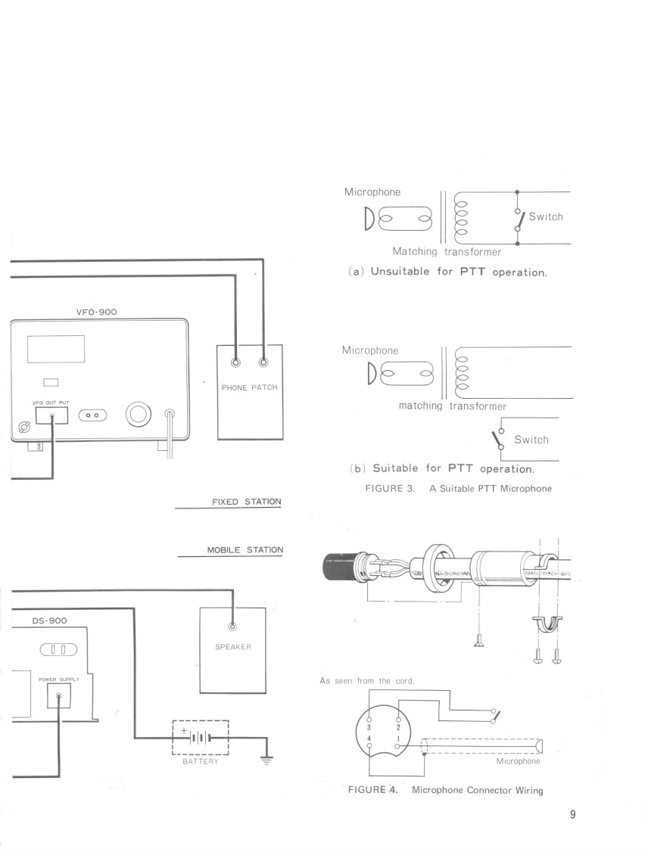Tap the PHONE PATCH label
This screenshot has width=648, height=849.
tap(250, 388)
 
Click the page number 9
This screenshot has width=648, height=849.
tap(573, 815)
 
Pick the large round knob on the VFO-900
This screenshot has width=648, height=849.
tap(139, 415)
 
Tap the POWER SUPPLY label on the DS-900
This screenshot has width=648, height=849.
tap(58, 679)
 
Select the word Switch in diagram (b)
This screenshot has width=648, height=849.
tap(531, 440)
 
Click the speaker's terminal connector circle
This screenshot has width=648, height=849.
tap(232, 626)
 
